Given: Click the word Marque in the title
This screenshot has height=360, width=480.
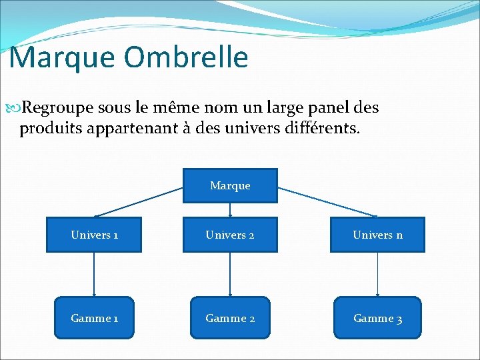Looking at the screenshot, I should pyautogui.click(x=61, y=57).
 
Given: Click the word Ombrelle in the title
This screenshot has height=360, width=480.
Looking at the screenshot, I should pyautogui.click(x=186, y=57).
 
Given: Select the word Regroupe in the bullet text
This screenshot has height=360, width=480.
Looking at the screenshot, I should pyautogui.click(x=57, y=108).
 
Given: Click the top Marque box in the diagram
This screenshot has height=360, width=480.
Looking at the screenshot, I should pyautogui.click(x=230, y=185).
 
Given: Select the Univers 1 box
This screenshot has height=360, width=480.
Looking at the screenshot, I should pyautogui.click(x=94, y=235).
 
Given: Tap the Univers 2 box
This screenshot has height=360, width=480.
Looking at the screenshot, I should pyautogui.click(x=230, y=235).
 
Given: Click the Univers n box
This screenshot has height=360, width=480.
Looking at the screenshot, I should pyautogui.click(x=377, y=235).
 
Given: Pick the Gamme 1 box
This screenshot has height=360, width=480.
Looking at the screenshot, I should pyautogui.click(x=94, y=318).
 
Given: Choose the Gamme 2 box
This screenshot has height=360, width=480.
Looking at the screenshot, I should pyautogui.click(x=230, y=318).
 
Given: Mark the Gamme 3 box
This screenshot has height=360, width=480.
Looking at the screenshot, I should pyautogui.click(x=377, y=318).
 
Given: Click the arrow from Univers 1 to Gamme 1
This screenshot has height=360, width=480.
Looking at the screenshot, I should pyautogui.click(x=94, y=274).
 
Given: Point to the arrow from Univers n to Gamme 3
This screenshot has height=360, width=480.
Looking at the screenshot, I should pyautogui.click(x=377, y=274).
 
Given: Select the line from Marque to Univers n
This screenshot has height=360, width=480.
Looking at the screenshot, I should pyautogui.click(x=327, y=202).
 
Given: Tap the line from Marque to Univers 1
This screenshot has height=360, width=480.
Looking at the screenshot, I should pyautogui.click(x=139, y=202).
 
